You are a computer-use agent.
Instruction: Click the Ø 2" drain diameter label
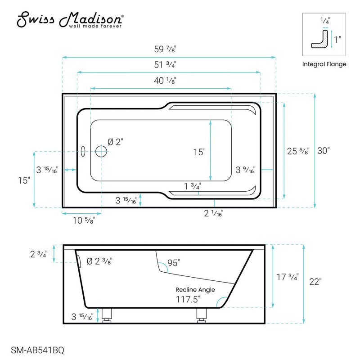[115, 142]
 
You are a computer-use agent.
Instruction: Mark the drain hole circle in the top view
[101, 152]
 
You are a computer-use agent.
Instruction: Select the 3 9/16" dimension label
[246, 170]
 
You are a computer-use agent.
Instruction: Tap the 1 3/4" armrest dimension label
[192, 186]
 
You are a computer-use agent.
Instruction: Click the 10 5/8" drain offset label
[85, 220]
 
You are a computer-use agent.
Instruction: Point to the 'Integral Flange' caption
[324, 64]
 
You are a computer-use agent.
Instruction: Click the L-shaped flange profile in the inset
[320, 40]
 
